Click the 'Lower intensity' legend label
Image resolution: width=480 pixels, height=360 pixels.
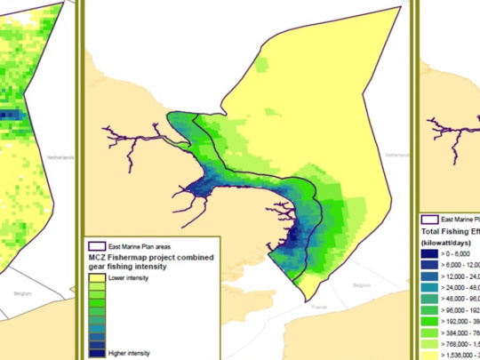point(127,278)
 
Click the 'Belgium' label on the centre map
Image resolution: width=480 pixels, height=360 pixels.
point(361,286)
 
